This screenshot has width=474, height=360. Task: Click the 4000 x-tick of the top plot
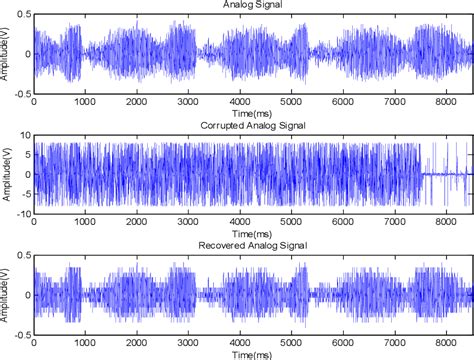238,101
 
